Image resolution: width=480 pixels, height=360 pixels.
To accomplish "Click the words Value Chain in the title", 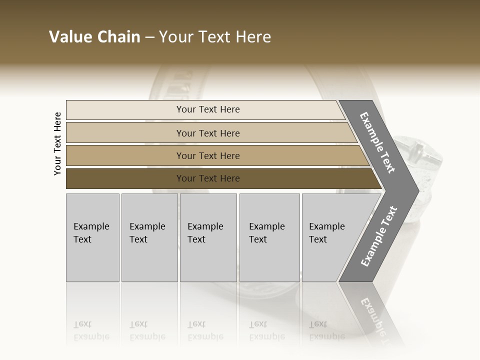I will click(94, 37).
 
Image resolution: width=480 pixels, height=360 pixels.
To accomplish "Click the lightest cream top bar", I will click(125, 110).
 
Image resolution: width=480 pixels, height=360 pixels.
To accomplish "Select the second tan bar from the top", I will click(125, 133).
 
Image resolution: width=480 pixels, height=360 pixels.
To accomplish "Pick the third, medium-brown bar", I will click(125, 155).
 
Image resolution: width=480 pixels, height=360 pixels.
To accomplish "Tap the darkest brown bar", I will click(125, 178).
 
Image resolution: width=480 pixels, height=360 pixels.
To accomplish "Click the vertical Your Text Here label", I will click(57, 144).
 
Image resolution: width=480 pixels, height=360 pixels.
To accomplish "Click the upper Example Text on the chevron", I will click(377, 142).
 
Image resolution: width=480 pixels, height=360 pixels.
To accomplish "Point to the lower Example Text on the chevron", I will click(379, 236).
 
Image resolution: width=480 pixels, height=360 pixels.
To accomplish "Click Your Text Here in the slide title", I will click(215, 37).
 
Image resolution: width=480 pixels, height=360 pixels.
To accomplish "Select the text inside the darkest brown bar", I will click(208, 178).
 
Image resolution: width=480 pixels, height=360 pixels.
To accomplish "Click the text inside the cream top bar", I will click(208, 109).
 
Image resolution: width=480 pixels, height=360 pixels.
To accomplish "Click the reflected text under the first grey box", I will click(91, 330).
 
